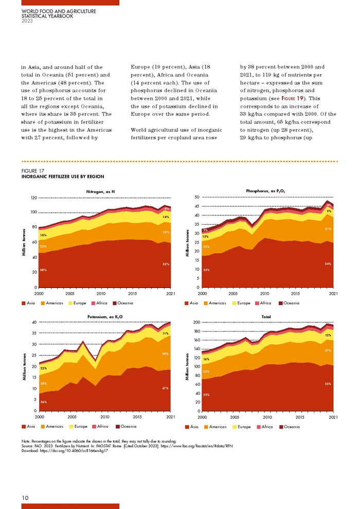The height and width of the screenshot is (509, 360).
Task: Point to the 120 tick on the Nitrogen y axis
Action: point(33,198)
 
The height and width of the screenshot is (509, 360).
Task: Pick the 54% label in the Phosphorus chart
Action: point(328,264)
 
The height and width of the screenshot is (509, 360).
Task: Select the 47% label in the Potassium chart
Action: point(165,388)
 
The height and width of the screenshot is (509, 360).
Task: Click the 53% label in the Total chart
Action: point(206,394)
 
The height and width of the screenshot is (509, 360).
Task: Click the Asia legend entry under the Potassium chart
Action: point(29,427)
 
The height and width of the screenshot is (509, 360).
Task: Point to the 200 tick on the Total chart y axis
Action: point(195,322)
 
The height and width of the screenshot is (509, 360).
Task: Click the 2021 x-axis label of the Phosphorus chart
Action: point(333,294)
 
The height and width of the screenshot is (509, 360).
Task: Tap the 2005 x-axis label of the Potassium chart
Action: point(71,417)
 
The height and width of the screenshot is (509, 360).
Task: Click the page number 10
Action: point(25,498)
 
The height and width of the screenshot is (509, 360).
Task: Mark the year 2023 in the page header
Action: point(28,21)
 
